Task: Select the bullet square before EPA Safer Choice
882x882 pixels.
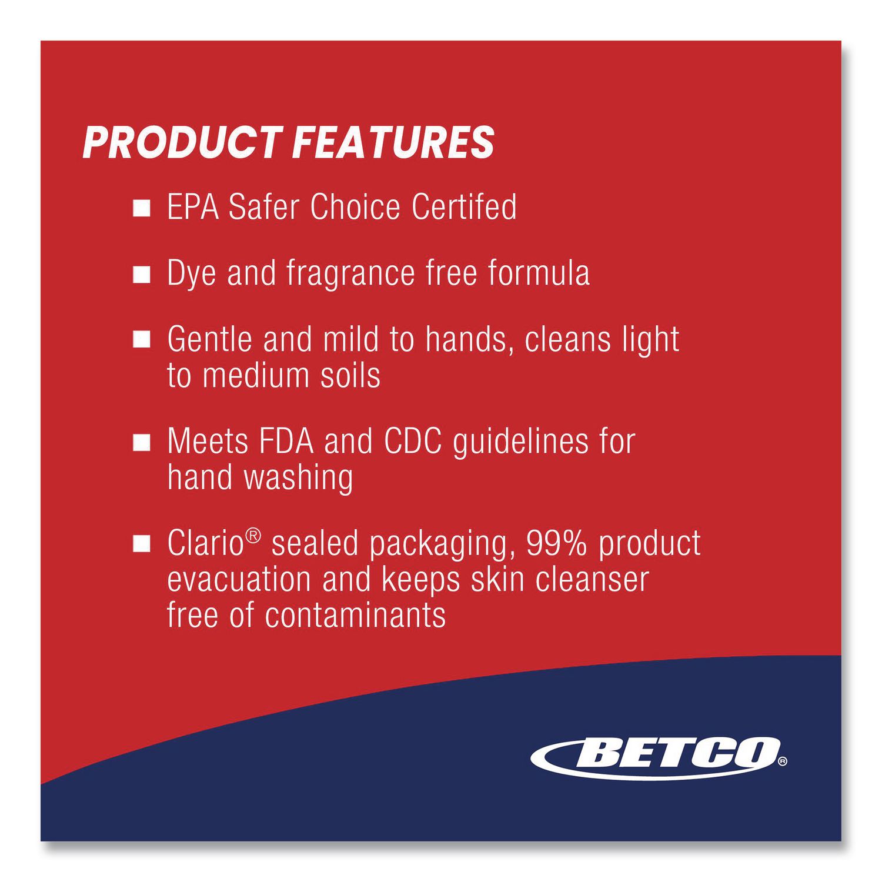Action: click(142, 208)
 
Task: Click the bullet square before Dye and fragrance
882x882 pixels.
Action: click(142, 275)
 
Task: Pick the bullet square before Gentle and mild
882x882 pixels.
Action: click(142, 340)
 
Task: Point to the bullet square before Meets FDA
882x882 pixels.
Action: click(142, 443)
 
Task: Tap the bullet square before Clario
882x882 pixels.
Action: click(142, 544)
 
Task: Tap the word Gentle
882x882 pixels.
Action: click(211, 339)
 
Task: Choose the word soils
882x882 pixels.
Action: click(350, 375)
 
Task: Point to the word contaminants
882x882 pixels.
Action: click(355, 615)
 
